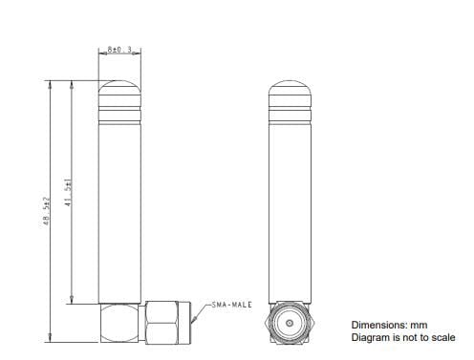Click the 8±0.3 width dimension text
[x=120, y=49]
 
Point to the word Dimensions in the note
[x=379, y=325]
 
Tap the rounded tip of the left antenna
[x=120, y=92]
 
